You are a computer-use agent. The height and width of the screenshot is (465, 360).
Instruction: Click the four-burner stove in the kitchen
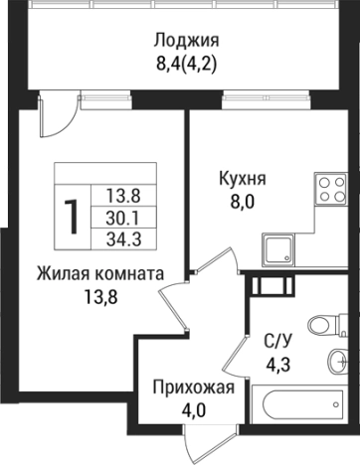click(x=329, y=190)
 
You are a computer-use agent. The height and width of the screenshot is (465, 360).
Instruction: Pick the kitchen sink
click(x=280, y=247)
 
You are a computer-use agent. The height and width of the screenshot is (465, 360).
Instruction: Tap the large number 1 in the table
click(x=73, y=215)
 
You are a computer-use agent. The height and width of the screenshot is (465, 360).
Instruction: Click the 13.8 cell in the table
click(x=120, y=196)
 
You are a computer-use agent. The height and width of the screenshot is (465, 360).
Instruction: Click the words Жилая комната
click(x=99, y=271)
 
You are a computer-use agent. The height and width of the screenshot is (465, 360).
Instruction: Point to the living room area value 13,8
click(x=99, y=294)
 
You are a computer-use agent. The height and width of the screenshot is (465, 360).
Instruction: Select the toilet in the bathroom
click(x=322, y=324)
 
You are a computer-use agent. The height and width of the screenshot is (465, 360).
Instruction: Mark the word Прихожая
click(x=194, y=387)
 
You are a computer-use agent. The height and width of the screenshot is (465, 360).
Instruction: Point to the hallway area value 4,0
click(x=194, y=409)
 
